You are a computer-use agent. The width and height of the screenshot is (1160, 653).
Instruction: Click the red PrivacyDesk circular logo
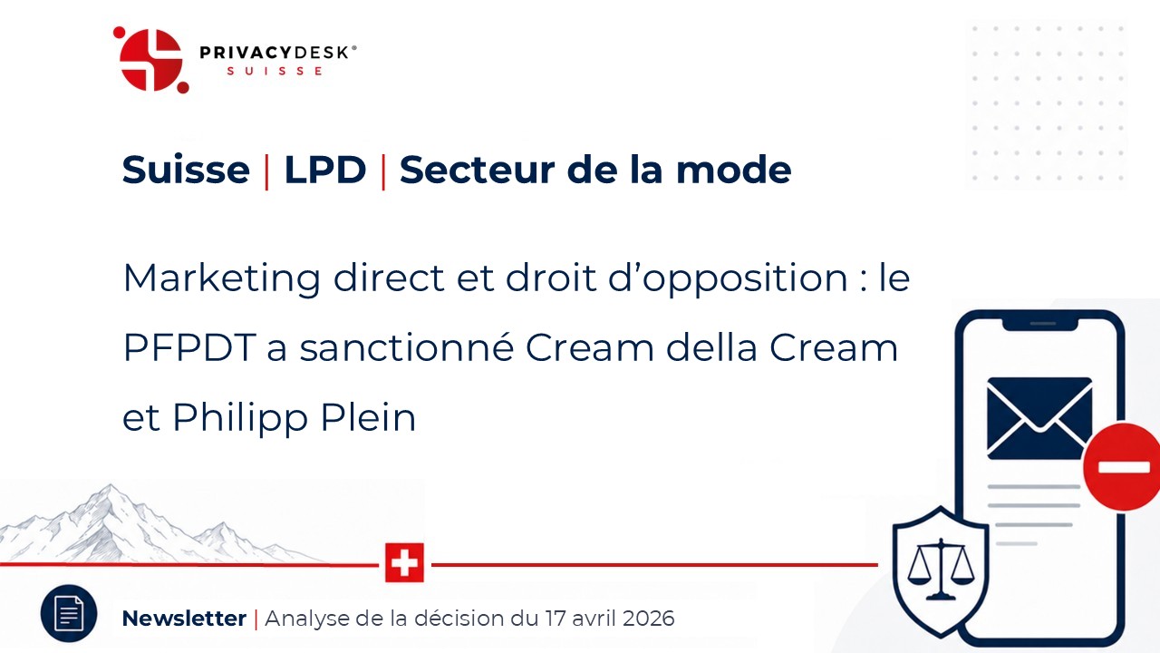pos(151,60)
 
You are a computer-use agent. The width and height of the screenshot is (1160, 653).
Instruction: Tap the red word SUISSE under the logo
pos(275,71)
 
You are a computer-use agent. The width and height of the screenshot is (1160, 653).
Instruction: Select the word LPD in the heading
pos(325,170)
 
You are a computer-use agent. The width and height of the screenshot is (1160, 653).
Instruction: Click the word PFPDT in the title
pos(189,347)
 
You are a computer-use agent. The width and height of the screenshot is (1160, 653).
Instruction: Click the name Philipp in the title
pos(240,418)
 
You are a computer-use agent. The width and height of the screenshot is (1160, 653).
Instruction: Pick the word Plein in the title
pos(368,416)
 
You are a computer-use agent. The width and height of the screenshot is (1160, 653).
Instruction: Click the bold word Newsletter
pos(184,619)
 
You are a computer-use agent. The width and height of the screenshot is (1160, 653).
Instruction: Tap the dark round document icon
pos(69,614)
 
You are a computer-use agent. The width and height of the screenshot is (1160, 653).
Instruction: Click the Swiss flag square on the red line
pos(404,563)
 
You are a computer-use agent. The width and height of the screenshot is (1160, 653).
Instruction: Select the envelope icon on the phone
pos(1039,418)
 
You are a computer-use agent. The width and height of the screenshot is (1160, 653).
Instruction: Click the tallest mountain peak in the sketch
pos(110,485)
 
